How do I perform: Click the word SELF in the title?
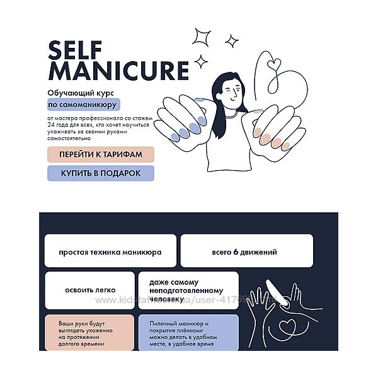point(75,50)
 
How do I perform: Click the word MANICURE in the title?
point(118,71)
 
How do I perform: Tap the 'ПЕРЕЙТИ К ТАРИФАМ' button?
point(101,154)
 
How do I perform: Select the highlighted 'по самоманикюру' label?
point(84,105)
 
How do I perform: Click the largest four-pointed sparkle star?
point(202,37)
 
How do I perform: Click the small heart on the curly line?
point(274,64)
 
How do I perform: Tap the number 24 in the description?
point(51,125)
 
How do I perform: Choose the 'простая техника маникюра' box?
point(110,251)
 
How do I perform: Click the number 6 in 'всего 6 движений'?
point(236,252)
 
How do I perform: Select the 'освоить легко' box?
point(90,290)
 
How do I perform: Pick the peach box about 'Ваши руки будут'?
point(89,333)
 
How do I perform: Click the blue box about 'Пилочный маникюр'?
point(188,333)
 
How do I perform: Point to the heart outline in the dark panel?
point(287,326)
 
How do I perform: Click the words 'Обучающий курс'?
point(81,93)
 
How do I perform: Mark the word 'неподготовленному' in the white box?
point(186,290)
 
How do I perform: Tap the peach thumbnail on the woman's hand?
point(257,112)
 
